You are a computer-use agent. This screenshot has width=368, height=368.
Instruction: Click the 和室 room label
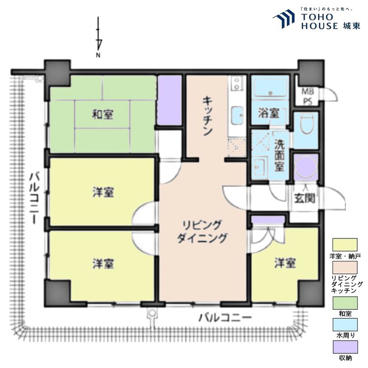click(x=103, y=115)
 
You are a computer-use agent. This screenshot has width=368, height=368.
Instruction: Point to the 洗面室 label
click(x=279, y=157)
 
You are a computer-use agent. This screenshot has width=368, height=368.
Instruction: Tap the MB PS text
click(x=307, y=95)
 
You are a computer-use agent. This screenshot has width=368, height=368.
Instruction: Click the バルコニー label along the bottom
click(x=225, y=317)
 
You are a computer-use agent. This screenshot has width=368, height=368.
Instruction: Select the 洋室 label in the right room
click(x=285, y=263)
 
